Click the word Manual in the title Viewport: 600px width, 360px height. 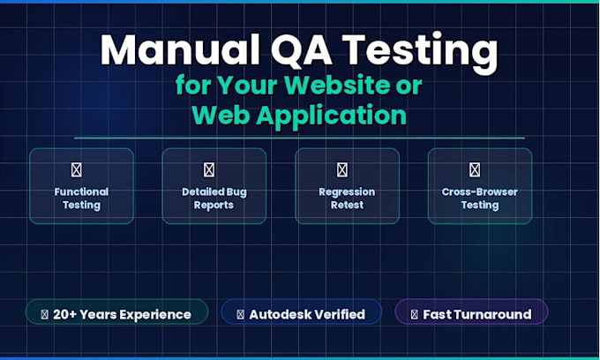(180, 49)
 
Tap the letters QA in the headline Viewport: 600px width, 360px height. (303, 50)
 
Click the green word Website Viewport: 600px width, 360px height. (337, 85)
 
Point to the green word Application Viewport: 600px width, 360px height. (332, 116)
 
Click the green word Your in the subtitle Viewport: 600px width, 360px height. (248, 85)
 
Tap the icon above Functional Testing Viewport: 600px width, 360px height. (77, 170)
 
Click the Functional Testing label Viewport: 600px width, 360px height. (81, 199)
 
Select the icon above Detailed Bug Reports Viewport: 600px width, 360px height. (209, 170)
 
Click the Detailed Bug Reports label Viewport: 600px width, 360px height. (214, 199)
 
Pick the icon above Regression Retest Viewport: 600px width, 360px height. (342, 170)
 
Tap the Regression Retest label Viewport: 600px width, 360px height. (347, 199)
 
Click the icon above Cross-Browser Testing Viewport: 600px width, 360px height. (475, 170)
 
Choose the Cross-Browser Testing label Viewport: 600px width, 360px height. (480, 199)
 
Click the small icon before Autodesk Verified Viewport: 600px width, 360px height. (240, 314)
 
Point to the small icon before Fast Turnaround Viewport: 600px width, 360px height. (415, 314)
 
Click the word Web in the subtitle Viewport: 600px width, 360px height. (221, 115)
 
